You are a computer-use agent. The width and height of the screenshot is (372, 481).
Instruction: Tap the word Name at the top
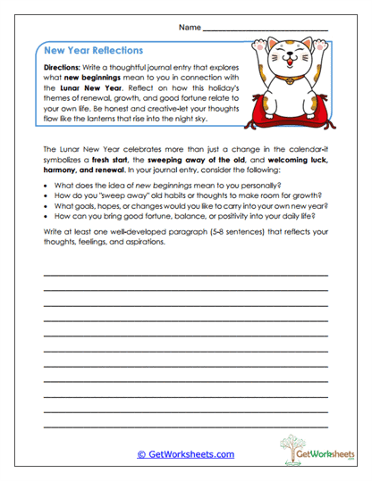coord(189,29)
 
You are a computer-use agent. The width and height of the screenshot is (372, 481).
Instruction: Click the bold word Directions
coord(63,67)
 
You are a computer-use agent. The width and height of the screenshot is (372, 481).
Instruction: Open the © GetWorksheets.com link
coord(186,454)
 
